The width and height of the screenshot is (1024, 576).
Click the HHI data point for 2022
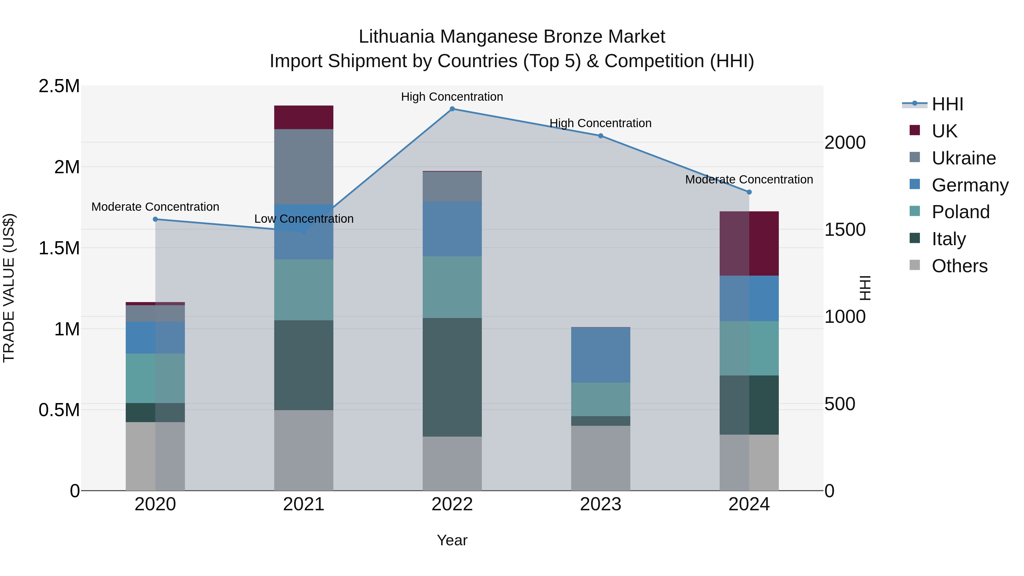(x=452, y=109)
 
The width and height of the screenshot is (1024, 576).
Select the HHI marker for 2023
(x=601, y=136)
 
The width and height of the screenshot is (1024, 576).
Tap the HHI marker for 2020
(x=155, y=219)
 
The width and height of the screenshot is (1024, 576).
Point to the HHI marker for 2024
(x=749, y=192)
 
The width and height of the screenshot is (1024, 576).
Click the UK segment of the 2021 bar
(x=304, y=117)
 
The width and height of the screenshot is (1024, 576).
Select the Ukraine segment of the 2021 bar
(x=304, y=167)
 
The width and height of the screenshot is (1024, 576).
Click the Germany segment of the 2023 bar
(x=601, y=355)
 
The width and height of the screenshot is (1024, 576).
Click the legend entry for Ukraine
(x=964, y=158)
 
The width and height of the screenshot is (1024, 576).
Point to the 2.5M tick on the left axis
(x=59, y=86)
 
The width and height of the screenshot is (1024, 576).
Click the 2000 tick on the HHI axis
(x=845, y=143)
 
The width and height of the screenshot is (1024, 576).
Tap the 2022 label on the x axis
(x=452, y=504)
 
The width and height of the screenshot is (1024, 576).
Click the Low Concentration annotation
(x=304, y=219)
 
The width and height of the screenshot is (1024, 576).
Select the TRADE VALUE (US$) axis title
(x=9, y=288)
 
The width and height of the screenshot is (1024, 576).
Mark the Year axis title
(x=452, y=540)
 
